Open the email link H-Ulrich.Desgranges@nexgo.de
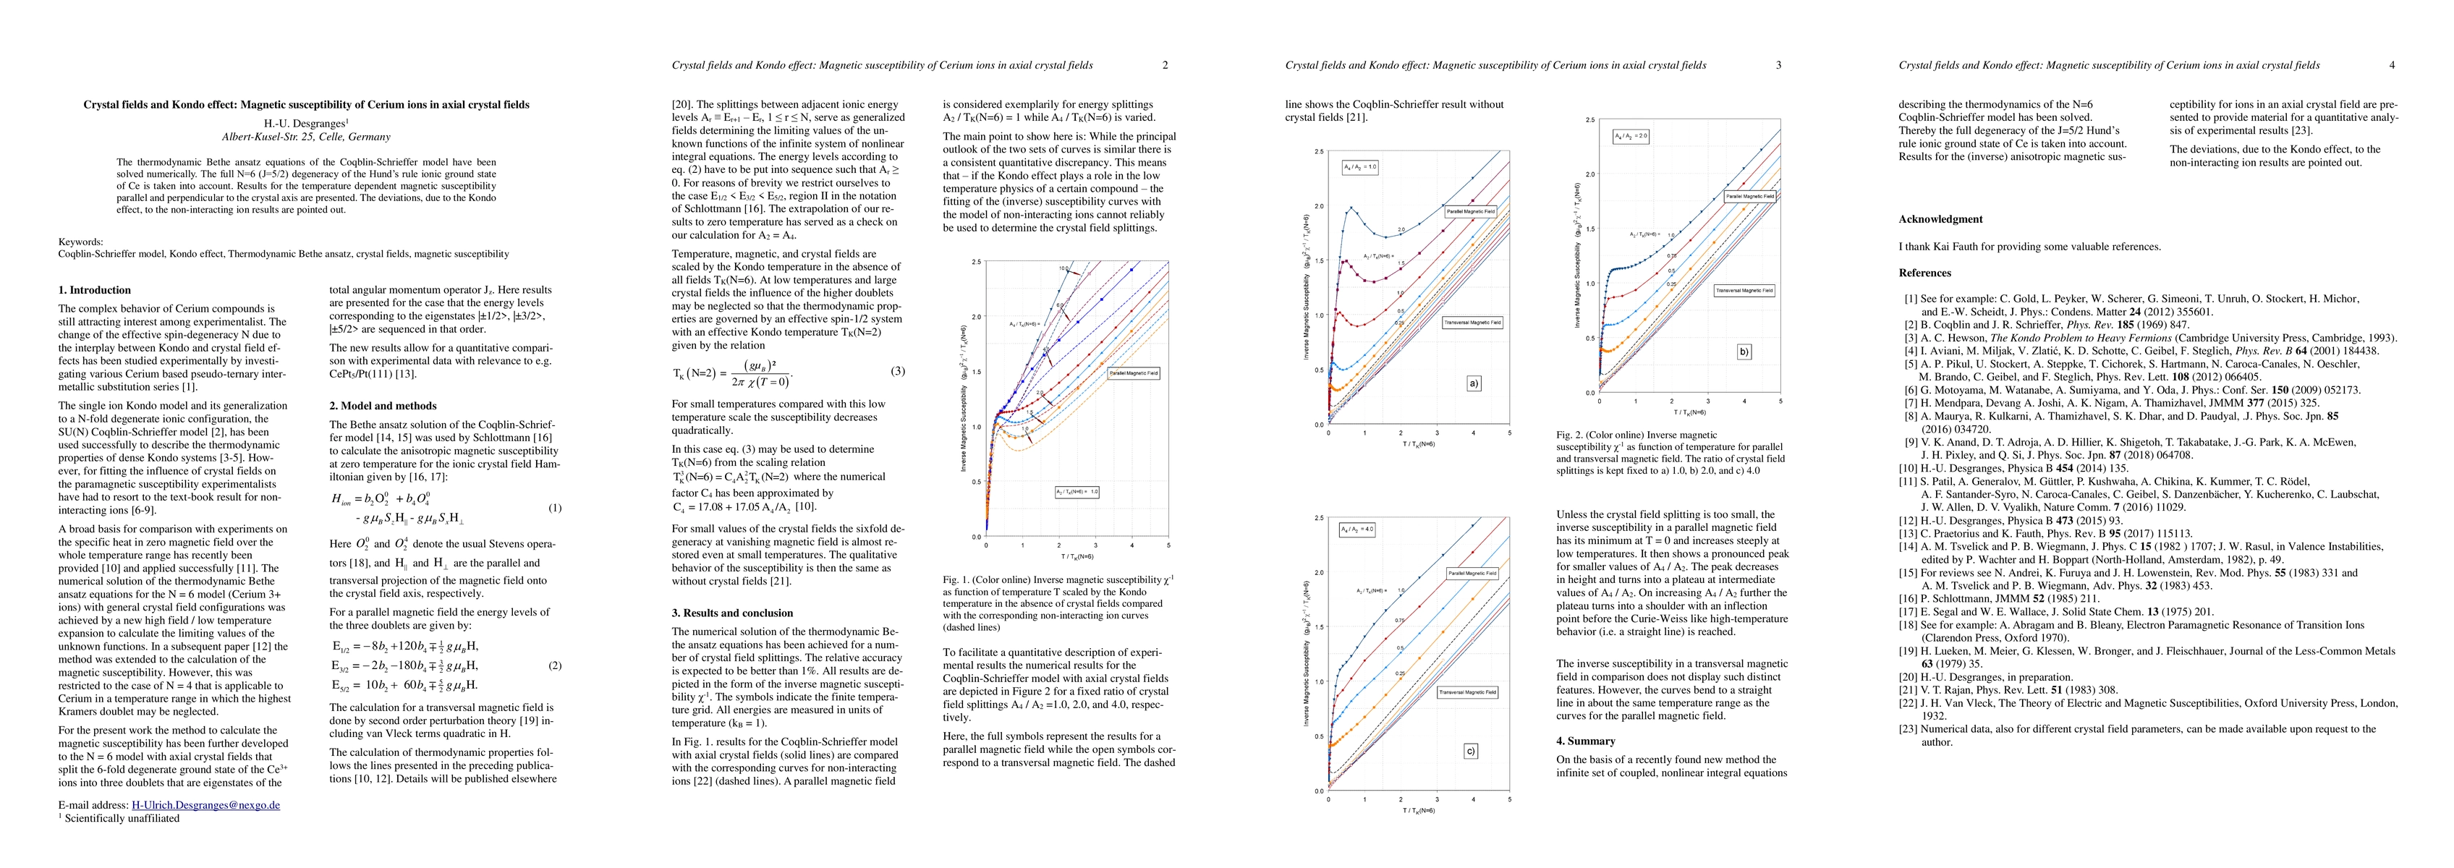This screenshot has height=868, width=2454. click(x=205, y=805)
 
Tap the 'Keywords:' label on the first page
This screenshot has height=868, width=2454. click(x=81, y=242)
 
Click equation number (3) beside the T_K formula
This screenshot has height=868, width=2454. click(x=897, y=372)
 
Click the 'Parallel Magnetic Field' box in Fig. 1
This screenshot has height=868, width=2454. click(x=1133, y=373)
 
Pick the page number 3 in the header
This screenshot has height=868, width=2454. click(x=1778, y=66)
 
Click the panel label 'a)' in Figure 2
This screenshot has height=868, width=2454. click(x=1474, y=385)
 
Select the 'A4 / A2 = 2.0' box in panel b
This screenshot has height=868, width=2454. click(x=1630, y=136)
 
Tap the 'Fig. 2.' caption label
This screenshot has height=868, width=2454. click(x=1570, y=435)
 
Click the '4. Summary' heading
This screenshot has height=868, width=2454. click(x=1585, y=740)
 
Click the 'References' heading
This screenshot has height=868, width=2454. click(x=1925, y=273)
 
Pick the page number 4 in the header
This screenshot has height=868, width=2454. click(x=2392, y=66)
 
